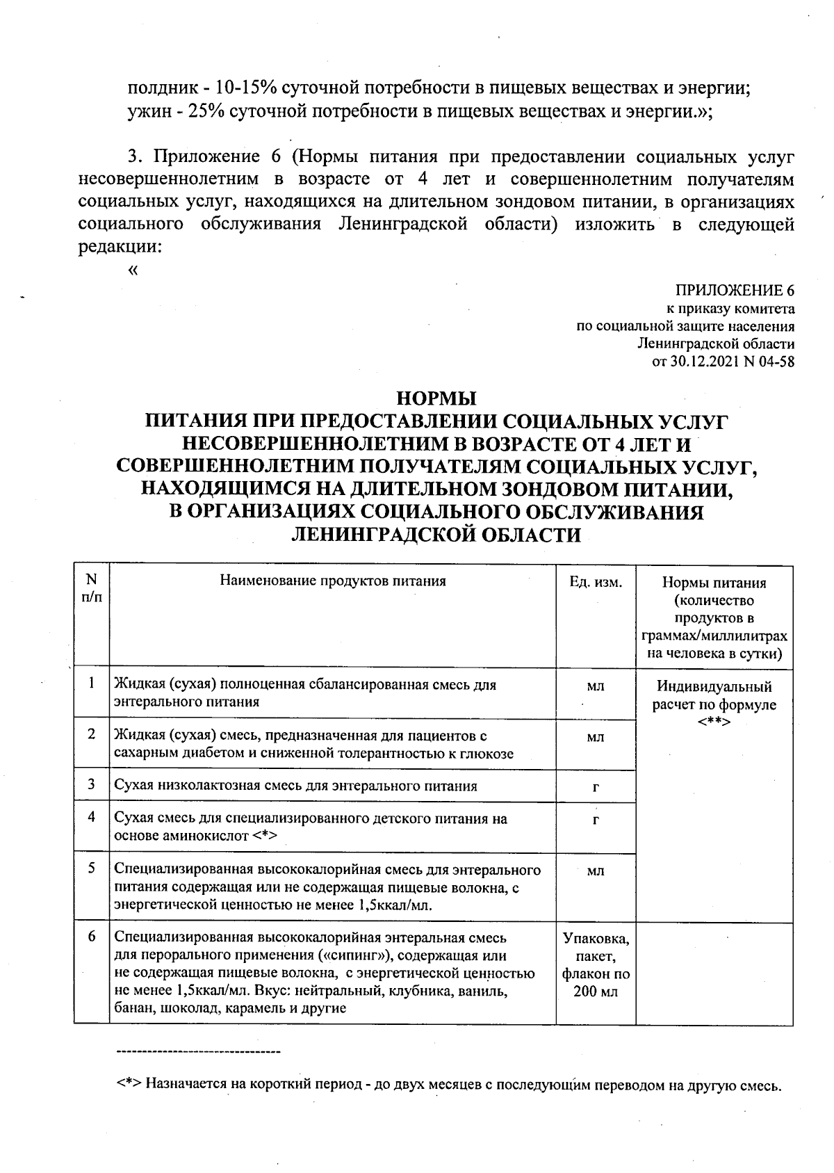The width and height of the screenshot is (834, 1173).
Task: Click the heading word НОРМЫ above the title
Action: coord(436,399)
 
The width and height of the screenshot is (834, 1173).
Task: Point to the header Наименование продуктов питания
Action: coord(333,581)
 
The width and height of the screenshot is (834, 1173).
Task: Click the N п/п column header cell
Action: coord(91,588)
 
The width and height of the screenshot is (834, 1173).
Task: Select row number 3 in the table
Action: coord(91,784)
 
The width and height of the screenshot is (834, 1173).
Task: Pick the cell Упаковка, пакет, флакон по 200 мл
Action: coord(596,965)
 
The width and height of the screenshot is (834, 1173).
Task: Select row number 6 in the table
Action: coord(91,937)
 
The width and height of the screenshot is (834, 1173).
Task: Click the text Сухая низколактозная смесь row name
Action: coord(295,786)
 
